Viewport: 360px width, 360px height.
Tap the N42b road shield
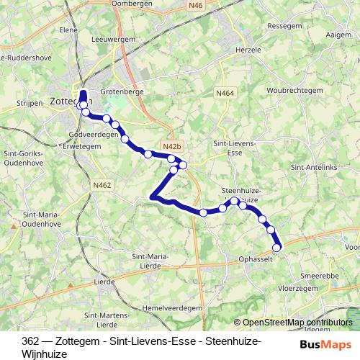pyautogui.click(x=171, y=145)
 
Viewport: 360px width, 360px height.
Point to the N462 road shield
pyautogui.click(x=102, y=185)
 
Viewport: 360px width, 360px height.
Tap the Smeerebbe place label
pyautogui.click(x=320, y=275)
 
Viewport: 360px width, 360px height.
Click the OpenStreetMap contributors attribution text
pyautogui.click(x=298, y=323)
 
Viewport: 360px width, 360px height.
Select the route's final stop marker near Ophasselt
pyautogui.click(x=277, y=248)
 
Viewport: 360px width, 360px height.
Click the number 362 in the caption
pyautogui.click(x=31, y=341)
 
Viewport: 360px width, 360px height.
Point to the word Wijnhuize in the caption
pyautogui.click(x=45, y=354)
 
